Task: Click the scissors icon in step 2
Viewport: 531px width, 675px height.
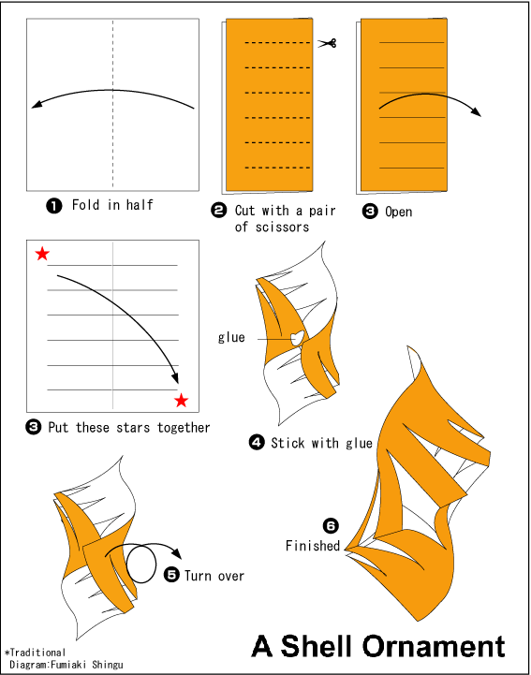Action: point(327,43)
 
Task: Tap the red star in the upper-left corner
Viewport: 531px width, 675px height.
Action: point(42,254)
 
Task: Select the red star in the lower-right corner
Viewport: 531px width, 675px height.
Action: point(182,401)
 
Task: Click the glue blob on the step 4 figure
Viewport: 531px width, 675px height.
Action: point(297,337)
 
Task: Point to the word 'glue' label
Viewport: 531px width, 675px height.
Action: point(231,337)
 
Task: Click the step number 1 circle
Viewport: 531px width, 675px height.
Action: point(54,206)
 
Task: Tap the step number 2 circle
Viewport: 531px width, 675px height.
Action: point(219,211)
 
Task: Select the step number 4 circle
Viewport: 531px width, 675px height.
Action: point(257,442)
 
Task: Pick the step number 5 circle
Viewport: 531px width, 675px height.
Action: point(171,575)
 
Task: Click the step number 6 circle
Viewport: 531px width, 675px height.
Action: point(331,525)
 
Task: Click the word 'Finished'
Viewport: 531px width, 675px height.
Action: point(313,546)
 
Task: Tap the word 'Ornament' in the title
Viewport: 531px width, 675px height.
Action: point(434,646)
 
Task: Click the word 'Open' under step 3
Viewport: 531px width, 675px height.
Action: point(398,212)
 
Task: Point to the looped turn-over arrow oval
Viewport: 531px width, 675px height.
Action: point(141,564)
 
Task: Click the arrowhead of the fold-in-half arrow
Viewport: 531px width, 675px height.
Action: point(37,104)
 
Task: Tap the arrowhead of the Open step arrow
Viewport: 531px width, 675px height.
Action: point(477,112)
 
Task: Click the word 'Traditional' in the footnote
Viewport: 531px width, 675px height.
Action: point(37,653)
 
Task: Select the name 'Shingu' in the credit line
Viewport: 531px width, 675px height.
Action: point(108,665)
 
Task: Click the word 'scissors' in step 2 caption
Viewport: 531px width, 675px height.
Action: point(282,227)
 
